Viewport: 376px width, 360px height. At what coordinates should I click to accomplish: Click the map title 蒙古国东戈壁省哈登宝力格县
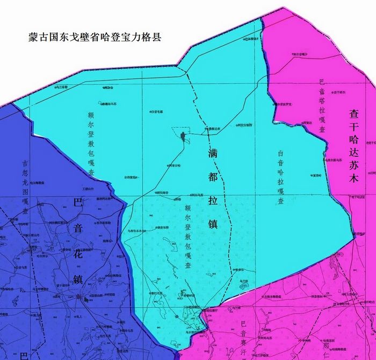tap(95, 38)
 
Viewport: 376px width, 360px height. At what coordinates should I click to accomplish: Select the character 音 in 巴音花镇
tap(78, 228)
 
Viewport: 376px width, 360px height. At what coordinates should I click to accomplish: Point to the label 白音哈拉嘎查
tap(280, 177)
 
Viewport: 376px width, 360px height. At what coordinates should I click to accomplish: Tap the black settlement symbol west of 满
tap(184, 137)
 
